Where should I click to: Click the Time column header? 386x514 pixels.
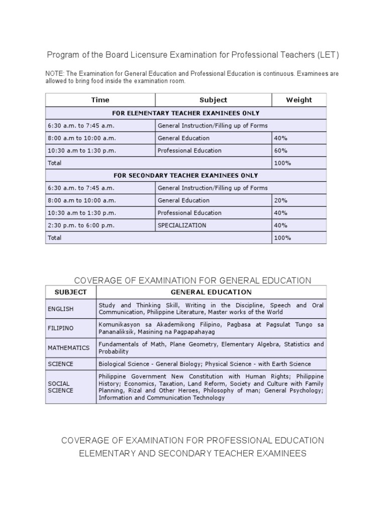coord(100,100)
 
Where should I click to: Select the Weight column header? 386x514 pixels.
coord(299,100)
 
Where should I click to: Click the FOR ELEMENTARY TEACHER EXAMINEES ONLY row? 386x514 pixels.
coord(186,113)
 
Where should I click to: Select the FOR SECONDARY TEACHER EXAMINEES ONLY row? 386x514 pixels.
coord(186,176)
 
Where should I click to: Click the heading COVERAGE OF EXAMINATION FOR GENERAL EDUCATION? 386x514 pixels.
coord(192,280)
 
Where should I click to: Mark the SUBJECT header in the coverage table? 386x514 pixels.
coord(70,292)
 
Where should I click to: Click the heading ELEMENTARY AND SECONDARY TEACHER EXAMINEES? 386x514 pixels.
coord(192,453)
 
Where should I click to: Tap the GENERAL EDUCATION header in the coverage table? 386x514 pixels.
coord(211,292)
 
